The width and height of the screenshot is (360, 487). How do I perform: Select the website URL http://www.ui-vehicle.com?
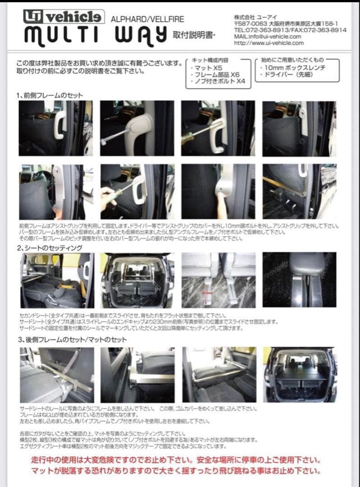click(269, 43)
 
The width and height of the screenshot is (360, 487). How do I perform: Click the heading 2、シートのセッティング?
click(50, 248)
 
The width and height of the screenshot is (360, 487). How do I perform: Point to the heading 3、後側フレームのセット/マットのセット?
click(72, 340)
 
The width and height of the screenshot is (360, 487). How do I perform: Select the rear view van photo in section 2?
click(137, 280)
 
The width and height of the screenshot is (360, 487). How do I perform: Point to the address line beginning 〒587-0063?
click(286, 23)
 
